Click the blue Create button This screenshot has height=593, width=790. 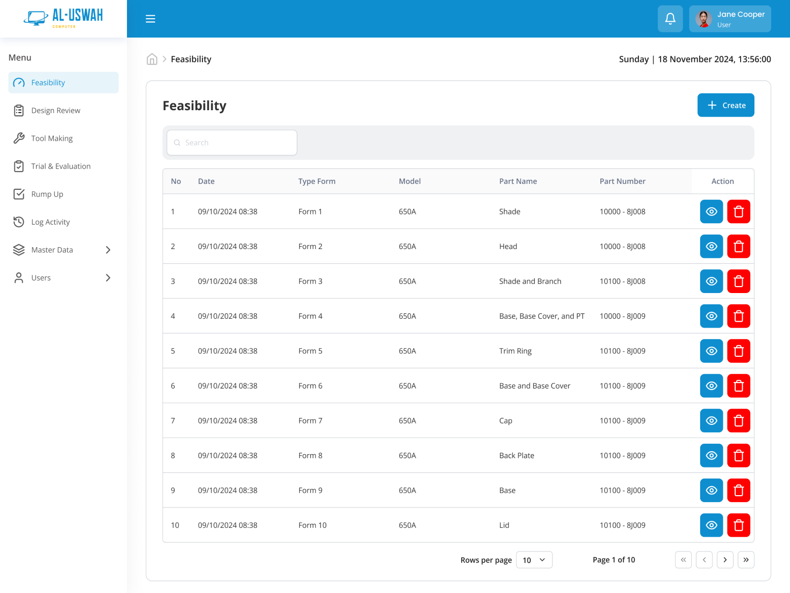point(725,105)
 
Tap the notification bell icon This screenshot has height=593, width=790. point(670,19)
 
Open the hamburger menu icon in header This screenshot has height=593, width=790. point(151,19)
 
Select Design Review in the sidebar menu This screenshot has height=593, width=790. point(55,111)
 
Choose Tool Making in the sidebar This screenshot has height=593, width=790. point(52,138)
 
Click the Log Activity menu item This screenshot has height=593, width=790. point(50,222)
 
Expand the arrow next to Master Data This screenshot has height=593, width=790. point(108,250)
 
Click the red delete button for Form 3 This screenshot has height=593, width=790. point(739,281)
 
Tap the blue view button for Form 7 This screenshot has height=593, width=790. point(711,421)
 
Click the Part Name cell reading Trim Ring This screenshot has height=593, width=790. point(515,351)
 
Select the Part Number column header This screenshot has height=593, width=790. point(622,181)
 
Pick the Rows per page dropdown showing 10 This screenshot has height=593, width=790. point(534,560)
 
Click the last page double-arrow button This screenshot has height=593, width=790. point(746,560)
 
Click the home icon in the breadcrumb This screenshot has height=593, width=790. point(152,59)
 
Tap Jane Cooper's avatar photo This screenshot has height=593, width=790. point(703,19)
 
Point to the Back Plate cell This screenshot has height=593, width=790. point(516,456)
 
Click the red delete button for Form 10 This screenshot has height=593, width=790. point(739,525)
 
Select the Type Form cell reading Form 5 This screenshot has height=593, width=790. point(310,351)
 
